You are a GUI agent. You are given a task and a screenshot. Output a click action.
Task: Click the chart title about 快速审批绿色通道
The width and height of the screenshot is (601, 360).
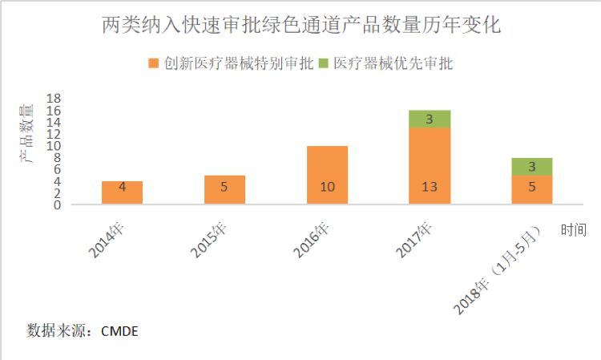(x=302, y=25)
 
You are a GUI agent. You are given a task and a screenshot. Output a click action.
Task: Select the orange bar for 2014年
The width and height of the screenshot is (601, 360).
(x=123, y=192)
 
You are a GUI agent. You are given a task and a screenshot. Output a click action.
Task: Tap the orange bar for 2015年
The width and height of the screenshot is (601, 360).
(x=225, y=189)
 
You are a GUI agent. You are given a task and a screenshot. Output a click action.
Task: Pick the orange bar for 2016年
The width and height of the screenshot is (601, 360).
(x=328, y=175)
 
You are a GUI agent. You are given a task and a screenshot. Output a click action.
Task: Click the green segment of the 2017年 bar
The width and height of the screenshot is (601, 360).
(x=430, y=119)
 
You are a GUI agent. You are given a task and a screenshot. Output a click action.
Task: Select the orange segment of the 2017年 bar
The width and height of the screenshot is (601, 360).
(x=430, y=165)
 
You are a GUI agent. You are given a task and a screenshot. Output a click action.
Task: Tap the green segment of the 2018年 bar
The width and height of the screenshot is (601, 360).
(x=532, y=167)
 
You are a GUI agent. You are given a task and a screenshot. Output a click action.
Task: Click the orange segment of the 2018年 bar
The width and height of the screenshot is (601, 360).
(x=532, y=189)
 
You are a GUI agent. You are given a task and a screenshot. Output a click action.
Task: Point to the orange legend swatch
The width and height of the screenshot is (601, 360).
(x=153, y=63)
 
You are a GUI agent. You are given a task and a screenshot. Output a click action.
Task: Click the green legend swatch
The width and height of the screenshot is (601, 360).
(x=324, y=63)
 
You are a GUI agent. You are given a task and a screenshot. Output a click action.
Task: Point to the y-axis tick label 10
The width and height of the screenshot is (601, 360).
(x=54, y=147)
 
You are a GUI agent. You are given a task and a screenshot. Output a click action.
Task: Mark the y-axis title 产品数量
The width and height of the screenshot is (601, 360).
(x=27, y=133)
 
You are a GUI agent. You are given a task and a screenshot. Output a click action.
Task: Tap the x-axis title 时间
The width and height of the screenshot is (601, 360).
(x=574, y=230)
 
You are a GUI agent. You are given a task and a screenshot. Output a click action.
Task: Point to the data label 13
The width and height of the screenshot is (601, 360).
(x=430, y=188)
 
